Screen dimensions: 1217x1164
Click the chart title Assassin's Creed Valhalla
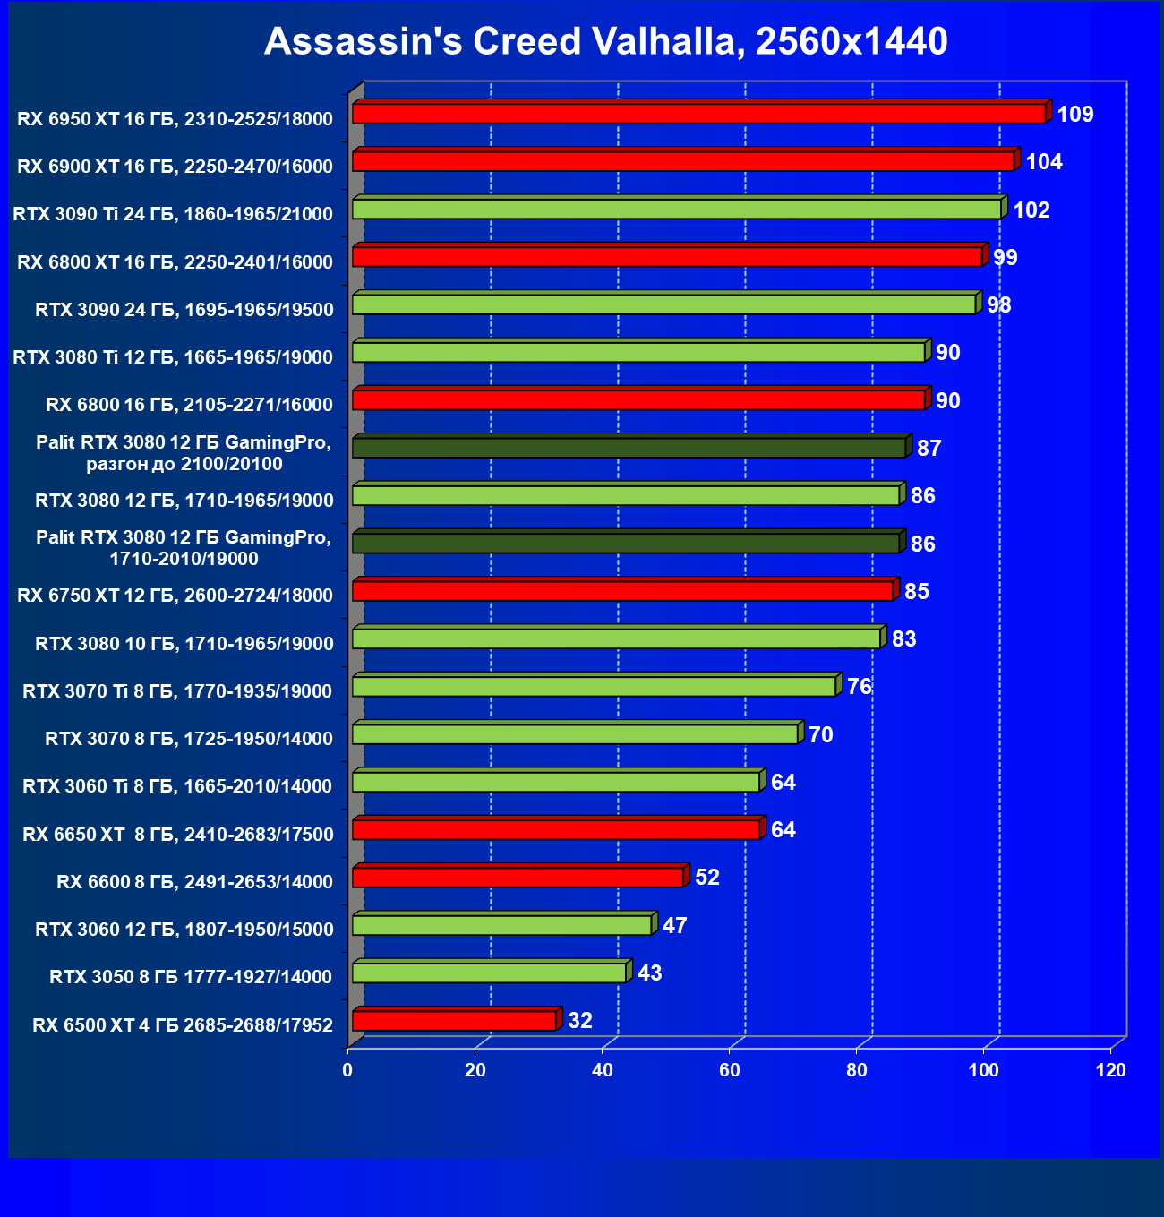605,42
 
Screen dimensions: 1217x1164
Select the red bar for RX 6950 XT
698,114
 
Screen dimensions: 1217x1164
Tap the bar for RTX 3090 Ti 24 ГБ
676,210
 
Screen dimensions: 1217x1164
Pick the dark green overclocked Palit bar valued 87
629,448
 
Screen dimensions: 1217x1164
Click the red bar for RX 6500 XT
454,1021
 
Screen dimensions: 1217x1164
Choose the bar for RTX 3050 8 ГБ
489,973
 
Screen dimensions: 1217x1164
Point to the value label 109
1075,115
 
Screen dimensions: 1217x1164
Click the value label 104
1044,162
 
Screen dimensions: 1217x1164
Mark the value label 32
580,1021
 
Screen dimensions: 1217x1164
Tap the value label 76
860,687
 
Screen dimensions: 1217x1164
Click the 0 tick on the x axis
347,1070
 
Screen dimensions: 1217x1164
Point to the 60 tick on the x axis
730,1070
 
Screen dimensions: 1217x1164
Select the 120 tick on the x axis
1111,1070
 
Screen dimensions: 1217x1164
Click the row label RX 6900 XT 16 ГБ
175,167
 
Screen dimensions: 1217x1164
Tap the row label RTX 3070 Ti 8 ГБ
177,691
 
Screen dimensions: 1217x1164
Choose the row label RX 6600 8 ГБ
194,882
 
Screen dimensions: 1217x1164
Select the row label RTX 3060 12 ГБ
184,930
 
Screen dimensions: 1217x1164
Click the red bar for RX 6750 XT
622,591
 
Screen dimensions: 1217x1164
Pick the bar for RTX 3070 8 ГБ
575,734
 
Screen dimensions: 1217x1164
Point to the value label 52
707,878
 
